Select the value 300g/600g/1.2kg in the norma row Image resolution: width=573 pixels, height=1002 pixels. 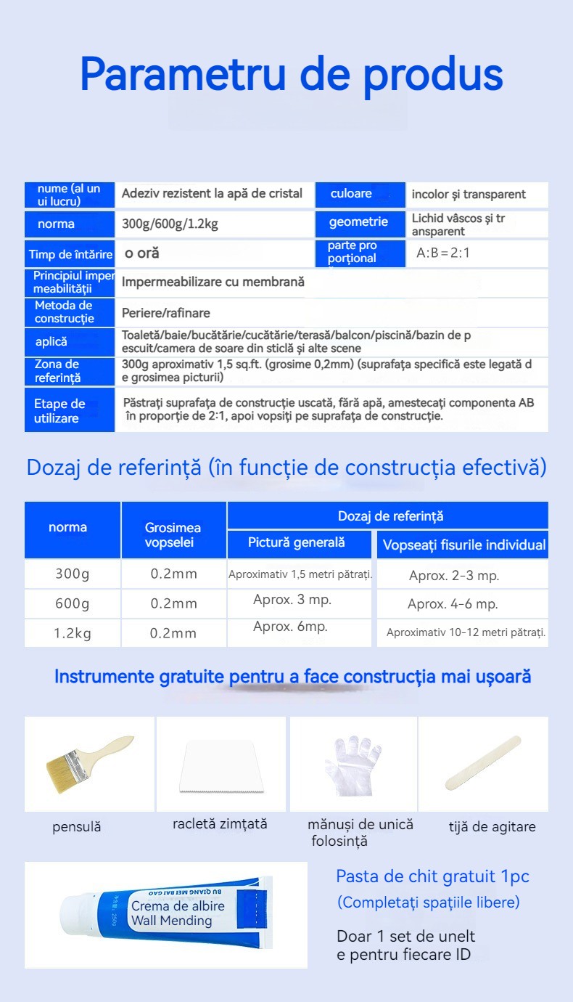point(170,224)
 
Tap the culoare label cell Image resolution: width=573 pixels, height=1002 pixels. point(351,194)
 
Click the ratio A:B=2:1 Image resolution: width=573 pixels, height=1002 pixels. point(448,253)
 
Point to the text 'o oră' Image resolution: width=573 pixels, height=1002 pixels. point(141,253)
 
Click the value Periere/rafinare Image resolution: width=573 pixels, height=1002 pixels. point(166,313)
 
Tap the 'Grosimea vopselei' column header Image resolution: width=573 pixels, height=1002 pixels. point(173,535)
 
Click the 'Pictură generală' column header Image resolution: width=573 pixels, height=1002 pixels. point(297,542)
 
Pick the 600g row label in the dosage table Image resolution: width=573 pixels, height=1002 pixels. point(73,603)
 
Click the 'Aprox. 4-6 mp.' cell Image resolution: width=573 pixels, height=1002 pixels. point(453,604)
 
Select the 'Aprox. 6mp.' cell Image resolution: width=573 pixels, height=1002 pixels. point(290,626)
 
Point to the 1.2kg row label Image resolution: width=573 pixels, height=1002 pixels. point(73,633)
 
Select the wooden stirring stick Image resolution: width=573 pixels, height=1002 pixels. point(482,762)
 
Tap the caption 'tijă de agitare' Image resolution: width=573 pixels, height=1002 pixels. point(492,826)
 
